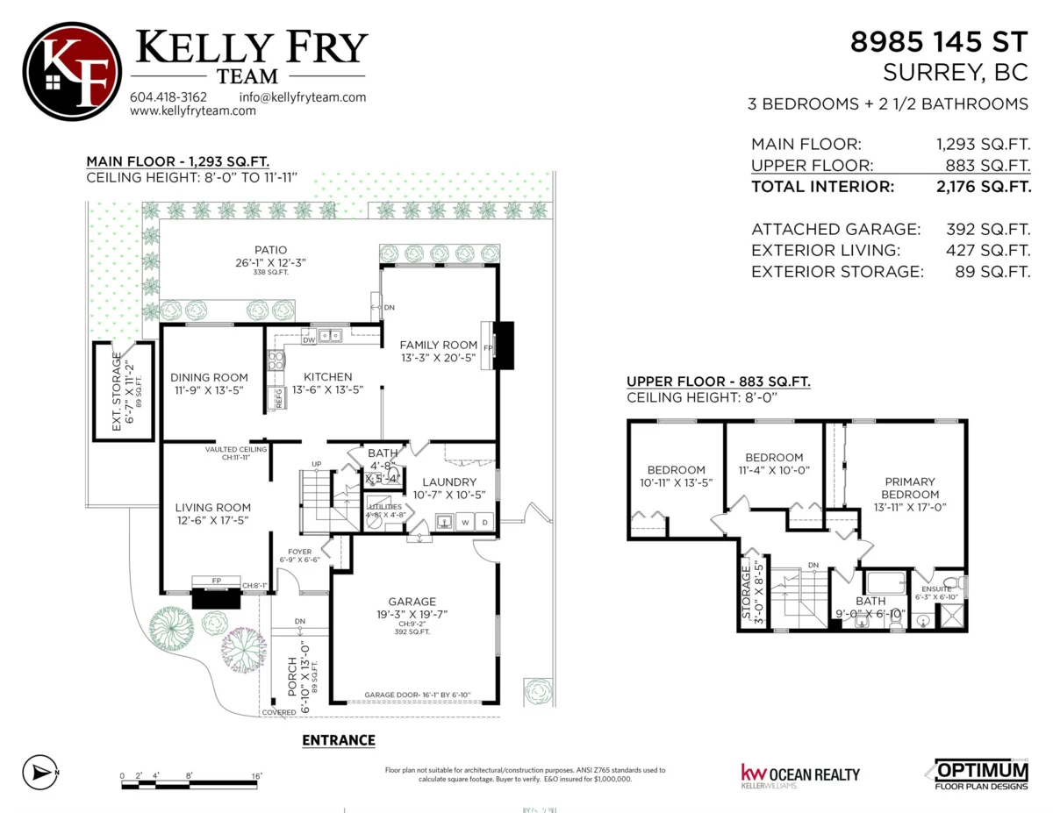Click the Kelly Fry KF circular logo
coord(72,71)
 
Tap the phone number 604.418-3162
coord(168,96)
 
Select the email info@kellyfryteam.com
coord(302,96)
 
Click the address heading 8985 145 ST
coord(940,41)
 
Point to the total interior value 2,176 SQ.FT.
coord(983,186)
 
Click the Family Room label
coord(439,345)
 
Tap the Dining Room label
coord(209,378)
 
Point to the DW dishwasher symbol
coord(309,339)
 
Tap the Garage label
coord(412,602)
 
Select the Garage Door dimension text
coord(418,695)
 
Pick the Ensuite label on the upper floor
coord(935,588)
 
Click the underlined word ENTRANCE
coord(339,740)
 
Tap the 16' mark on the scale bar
coord(255,776)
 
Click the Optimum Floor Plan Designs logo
coord(978,773)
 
